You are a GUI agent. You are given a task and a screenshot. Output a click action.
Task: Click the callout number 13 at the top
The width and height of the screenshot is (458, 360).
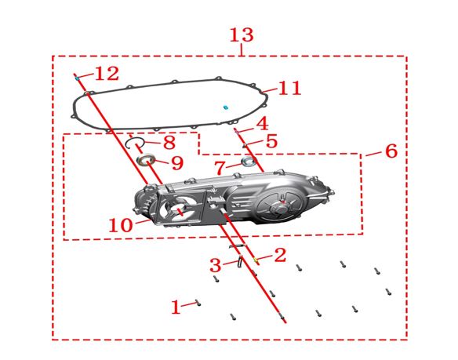point(242,35)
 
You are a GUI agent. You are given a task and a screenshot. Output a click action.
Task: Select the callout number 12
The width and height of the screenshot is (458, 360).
point(107,74)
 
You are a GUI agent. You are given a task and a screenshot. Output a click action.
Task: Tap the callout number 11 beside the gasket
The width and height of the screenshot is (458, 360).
point(289,88)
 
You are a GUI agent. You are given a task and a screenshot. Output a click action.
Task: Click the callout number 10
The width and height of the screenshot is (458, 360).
point(121,225)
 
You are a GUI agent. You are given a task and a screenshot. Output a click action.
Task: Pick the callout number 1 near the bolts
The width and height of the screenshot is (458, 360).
point(176,307)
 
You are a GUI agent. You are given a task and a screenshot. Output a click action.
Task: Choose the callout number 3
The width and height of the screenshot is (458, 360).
point(216,265)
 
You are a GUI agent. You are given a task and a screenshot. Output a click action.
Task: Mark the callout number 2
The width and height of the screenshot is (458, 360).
point(280,255)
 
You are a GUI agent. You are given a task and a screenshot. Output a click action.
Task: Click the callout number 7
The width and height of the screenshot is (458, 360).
point(220,168)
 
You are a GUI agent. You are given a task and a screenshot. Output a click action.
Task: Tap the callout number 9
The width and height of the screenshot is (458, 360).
point(177,163)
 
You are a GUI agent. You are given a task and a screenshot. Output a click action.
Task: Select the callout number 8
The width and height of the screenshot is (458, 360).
point(169,143)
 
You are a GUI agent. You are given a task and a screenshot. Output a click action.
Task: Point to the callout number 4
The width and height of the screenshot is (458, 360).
point(263,123)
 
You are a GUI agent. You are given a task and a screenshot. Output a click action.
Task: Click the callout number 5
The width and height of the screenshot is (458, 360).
point(271,141)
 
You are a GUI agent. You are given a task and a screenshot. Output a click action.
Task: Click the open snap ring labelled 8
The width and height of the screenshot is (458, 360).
point(127,144)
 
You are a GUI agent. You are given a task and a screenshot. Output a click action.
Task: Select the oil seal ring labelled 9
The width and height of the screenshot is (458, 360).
point(147,160)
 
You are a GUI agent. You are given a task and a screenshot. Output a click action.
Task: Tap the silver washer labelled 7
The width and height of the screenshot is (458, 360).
point(249,161)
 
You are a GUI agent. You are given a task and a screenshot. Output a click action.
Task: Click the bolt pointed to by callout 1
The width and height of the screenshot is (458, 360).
point(198,303)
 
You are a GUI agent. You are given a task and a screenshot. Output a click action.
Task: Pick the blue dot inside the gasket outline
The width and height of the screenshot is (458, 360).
point(225,107)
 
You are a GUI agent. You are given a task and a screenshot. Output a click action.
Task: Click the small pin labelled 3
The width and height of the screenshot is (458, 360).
point(241,261)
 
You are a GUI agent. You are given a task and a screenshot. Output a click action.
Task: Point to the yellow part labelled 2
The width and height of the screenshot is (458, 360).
point(256,259)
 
